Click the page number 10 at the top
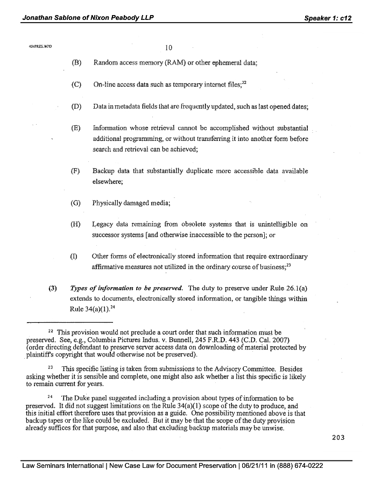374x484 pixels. [x=168, y=48]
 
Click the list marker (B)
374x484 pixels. [x=76, y=63]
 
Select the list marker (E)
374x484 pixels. [x=76, y=128]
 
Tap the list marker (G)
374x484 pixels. [x=76, y=203]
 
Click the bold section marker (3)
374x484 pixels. [x=53, y=288]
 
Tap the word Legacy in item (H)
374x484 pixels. [x=103, y=224]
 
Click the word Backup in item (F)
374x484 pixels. [x=103, y=171]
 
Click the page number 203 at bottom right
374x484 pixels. [x=338, y=437]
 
